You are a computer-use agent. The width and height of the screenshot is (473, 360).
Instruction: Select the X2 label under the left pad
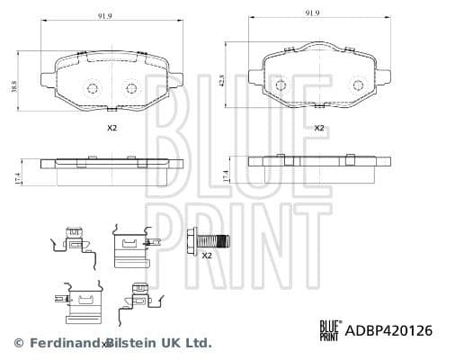[112, 129]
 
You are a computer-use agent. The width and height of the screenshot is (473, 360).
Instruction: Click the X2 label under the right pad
[317, 129]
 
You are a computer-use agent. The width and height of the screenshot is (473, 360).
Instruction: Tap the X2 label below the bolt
[206, 256]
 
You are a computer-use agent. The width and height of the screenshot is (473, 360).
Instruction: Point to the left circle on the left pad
[92, 88]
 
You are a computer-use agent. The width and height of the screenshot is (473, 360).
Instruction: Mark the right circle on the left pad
[132, 88]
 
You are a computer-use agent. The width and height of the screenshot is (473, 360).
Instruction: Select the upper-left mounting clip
[74, 241]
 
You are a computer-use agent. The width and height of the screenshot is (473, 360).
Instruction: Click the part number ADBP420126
[390, 330]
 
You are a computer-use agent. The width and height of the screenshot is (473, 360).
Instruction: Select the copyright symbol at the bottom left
[18, 343]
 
